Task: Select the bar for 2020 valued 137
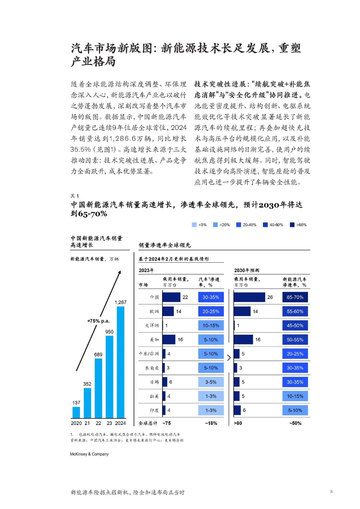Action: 76,412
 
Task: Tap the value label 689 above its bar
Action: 98,354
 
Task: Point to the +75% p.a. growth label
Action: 98,321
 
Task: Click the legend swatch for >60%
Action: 292,225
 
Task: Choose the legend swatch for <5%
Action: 194,225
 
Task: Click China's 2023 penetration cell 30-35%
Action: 211,297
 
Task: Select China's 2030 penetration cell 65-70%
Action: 295,297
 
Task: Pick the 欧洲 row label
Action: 154,311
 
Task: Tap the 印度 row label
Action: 154,410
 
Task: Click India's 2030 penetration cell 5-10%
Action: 295,410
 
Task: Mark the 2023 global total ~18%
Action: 211,423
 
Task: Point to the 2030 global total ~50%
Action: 295,423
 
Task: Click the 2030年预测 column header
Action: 246,270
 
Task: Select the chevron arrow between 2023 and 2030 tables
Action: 229,358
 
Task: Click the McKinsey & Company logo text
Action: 89,454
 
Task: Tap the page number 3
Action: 331,491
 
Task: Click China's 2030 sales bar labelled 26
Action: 249,297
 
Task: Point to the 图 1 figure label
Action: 75,196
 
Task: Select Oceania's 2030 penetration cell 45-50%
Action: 295,325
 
